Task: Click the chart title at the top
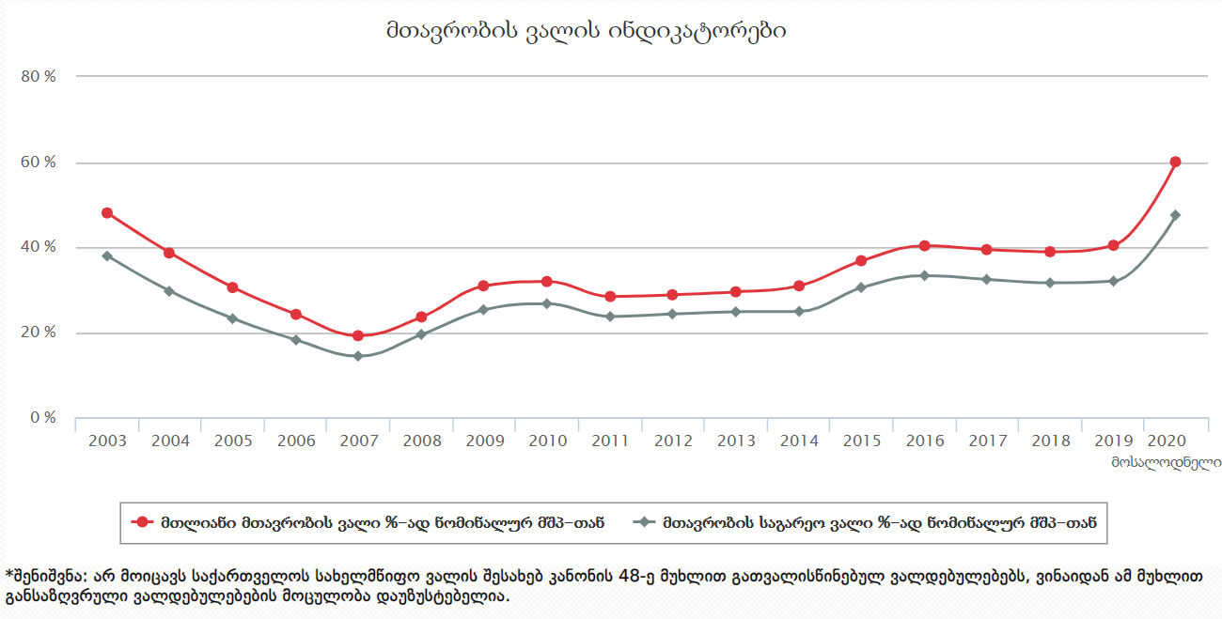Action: tap(585, 31)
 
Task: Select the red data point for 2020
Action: tap(1175, 162)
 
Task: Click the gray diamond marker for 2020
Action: tap(1175, 215)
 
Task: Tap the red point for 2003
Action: tap(107, 213)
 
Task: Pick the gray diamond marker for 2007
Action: tap(357, 356)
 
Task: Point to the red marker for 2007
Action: tap(357, 335)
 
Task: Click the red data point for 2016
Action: tap(924, 245)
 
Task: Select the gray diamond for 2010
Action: tap(547, 303)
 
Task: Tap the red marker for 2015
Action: tap(861, 260)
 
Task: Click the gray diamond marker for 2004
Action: tap(169, 291)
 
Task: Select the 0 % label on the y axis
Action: tap(43, 418)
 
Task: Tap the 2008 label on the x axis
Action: tap(421, 440)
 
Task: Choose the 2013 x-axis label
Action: tap(735, 440)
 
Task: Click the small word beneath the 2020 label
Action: tap(1166, 461)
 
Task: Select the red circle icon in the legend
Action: tap(143, 522)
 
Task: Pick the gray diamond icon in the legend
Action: tap(644, 522)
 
